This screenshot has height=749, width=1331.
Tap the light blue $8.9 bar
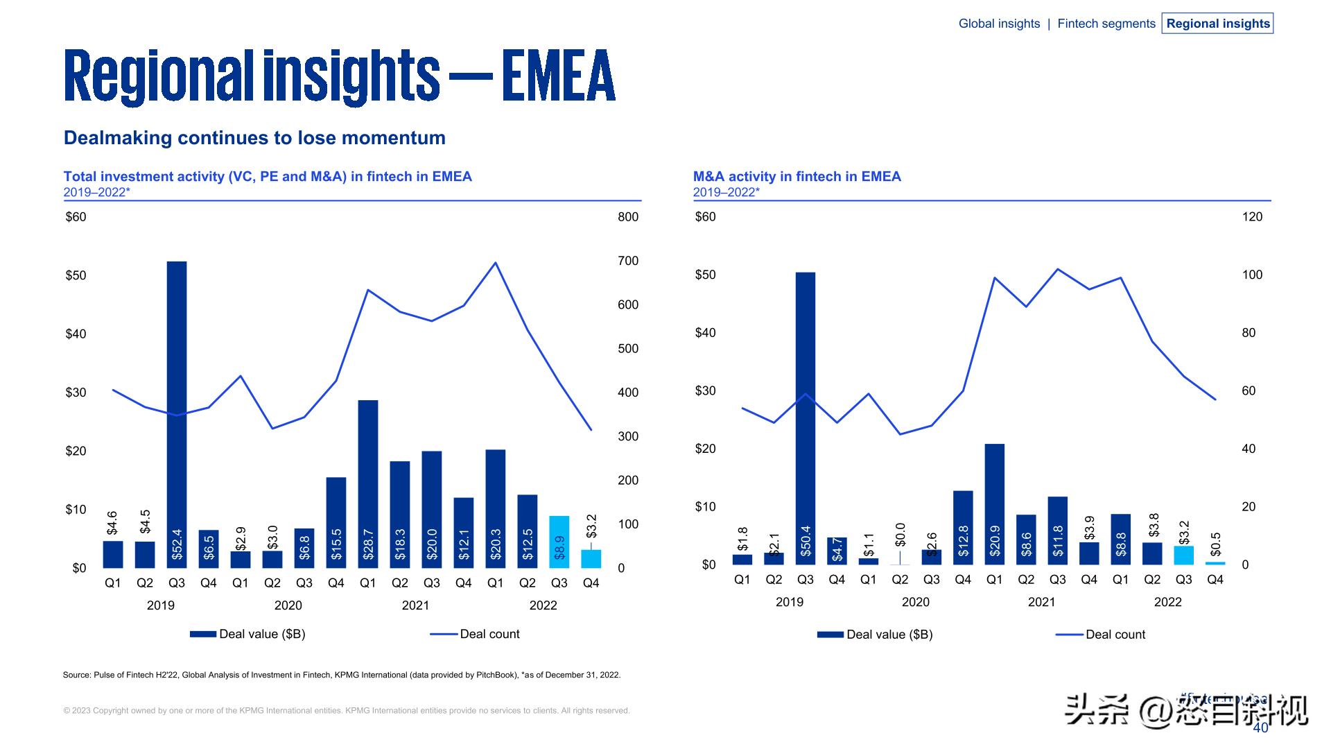pyautogui.click(x=559, y=542)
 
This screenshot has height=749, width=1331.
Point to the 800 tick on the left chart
pyautogui.click(x=628, y=217)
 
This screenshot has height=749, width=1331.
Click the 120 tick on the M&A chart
pyautogui.click(x=1252, y=217)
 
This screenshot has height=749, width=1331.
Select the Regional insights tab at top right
pyautogui.click(x=1218, y=24)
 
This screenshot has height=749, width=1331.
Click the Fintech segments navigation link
pyautogui.click(x=1106, y=24)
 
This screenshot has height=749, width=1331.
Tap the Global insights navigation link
pyautogui.click(x=999, y=24)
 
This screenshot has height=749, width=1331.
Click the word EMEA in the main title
pyautogui.click(x=559, y=76)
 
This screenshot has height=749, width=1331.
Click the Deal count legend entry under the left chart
pyautogui.click(x=489, y=634)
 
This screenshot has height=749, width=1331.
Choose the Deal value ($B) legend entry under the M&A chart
pyautogui.click(x=889, y=635)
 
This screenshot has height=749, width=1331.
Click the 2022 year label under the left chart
pyautogui.click(x=543, y=605)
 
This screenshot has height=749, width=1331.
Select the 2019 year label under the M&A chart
pyautogui.click(x=790, y=602)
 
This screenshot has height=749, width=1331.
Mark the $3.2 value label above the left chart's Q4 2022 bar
pyautogui.click(x=591, y=526)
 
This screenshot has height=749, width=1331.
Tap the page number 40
pyautogui.click(x=1260, y=728)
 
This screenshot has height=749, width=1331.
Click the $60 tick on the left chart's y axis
pyautogui.click(x=76, y=217)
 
